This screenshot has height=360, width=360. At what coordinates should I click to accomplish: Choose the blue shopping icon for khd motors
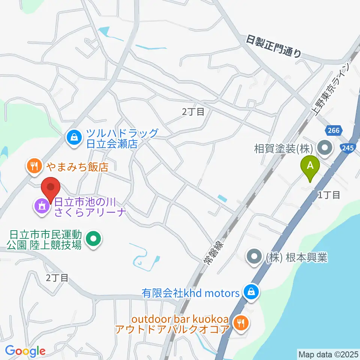(x=250, y=292)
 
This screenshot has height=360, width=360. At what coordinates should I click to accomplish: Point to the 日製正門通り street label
(x=274, y=47)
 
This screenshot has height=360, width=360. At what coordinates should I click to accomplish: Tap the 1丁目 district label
(x=329, y=195)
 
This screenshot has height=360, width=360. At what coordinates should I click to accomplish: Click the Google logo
(x=25, y=351)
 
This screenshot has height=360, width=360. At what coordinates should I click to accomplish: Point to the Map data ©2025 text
(x=328, y=354)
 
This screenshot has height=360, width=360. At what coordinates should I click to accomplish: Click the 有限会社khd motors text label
(x=190, y=292)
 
